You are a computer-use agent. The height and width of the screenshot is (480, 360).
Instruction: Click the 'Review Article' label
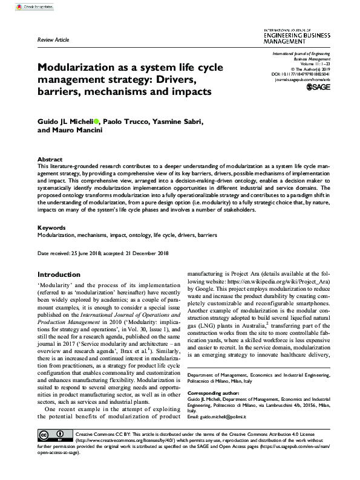53,39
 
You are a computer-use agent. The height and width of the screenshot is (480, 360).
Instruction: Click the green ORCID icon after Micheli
97,121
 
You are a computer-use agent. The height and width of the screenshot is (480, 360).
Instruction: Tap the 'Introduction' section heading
59,274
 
